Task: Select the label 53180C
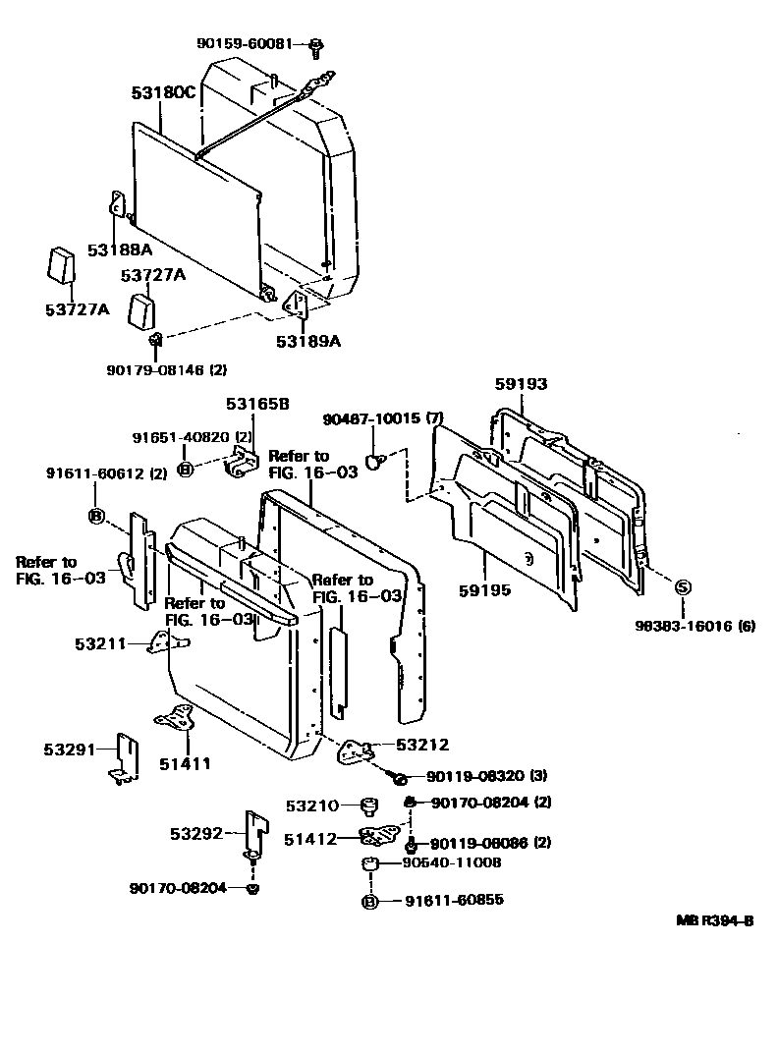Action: (x=164, y=93)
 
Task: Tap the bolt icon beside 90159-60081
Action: (x=316, y=44)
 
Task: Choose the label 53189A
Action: (x=307, y=341)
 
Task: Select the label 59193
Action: (x=521, y=385)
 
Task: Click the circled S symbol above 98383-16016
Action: (x=684, y=587)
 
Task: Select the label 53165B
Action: (x=257, y=403)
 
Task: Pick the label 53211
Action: (x=99, y=644)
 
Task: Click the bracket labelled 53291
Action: (x=123, y=758)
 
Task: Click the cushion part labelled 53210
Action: (x=370, y=806)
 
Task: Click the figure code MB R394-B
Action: (x=714, y=920)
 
